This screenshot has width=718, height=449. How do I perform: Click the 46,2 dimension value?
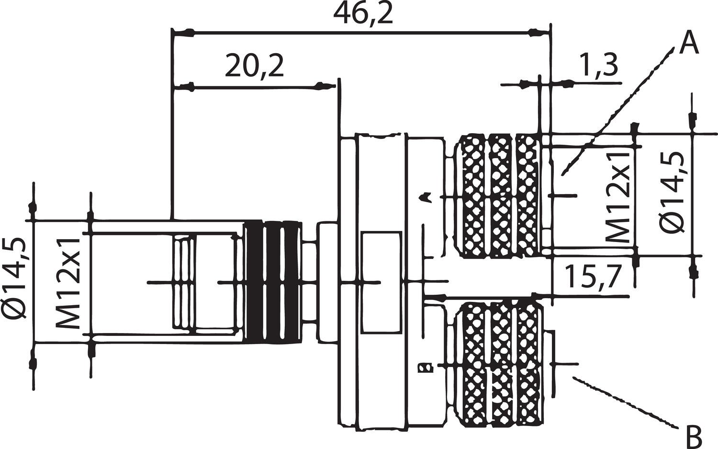[x=363, y=14]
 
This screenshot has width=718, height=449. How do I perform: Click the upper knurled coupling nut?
[x=498, y=196]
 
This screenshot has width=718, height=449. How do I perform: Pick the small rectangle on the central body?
[x=381, y=282]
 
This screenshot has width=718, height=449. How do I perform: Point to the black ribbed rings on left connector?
[x=273, y=282]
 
